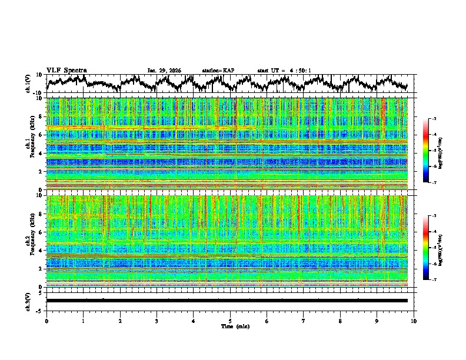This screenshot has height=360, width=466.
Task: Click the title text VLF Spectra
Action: click(x=66, y=70)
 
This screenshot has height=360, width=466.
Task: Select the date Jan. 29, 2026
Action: click(x=164, y=71)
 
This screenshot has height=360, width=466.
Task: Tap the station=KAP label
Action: click(x=218, y=71)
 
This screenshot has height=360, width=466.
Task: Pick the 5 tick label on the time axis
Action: click(x=230, y=321)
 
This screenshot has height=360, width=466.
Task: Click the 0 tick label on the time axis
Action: click(x=46, y=321)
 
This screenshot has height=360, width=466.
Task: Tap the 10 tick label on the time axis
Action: click(x=414, y=321)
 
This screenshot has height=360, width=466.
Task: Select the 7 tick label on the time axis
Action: click(x=304, y=321)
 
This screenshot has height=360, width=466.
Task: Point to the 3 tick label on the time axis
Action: click(x=157, y=321)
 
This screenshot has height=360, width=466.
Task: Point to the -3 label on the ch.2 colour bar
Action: click(x=434, y=216)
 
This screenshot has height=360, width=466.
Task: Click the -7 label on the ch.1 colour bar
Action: click(x=434, y=183)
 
